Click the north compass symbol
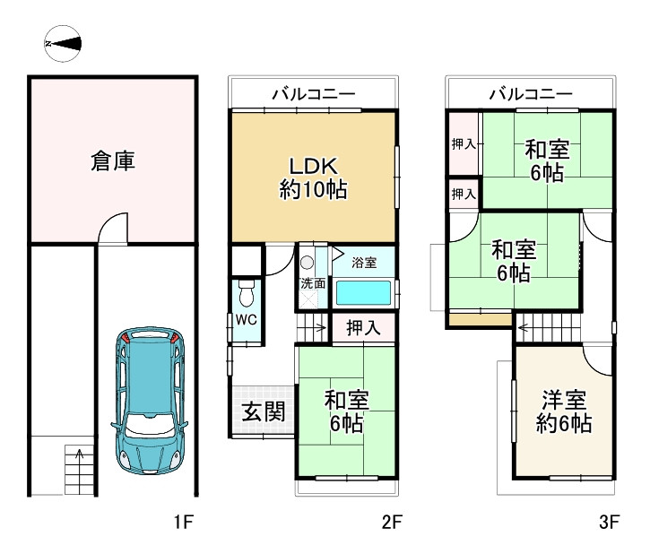[x=63, y=44]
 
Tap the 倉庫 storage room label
[x=113, y=160]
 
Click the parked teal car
[x=149, y=401]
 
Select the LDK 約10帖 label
[x=314, y=178]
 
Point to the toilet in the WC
[x=247, y=292]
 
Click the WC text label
[x=247, y=319]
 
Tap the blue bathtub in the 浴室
[x=363, y=293]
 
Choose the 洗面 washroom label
[x=313, y=283]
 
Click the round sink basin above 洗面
[x=308, y=263]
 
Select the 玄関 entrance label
[x=264, y=411]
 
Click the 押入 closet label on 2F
[x=363, y=328]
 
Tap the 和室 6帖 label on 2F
[x=347, y=411]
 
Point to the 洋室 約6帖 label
[x=564, y=411]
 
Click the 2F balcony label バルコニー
[x=314, y=94]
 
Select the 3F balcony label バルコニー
[x=531, y=94]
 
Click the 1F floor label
[x=184, y=522]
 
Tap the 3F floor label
[x=609, y=522]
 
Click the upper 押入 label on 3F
[x=463, y=143]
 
